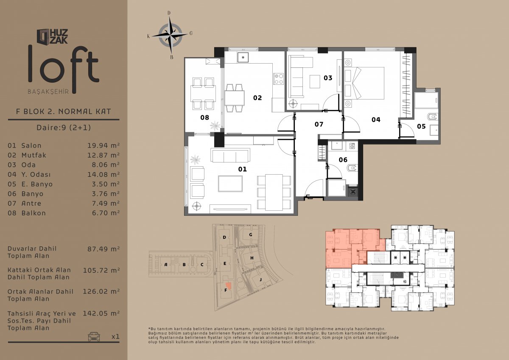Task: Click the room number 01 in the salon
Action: coord(242,169)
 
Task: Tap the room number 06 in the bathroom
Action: coord(343,160)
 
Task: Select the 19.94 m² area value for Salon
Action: coord(103,145)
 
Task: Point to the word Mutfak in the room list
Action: coord(34,155)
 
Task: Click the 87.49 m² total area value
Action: coord(103,249)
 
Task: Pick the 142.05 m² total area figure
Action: coord(101,313)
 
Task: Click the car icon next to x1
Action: coord(94,337)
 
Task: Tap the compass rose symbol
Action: coord(170,35)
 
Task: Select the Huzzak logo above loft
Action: coord(53,36)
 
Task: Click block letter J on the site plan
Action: coord(260,279)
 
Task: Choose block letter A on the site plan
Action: coord(166,265)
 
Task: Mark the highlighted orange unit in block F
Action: coord(228,286)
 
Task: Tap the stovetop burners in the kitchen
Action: coord(279,78)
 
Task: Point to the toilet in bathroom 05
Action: coord(432,117)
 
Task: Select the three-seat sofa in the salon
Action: coord(230,155)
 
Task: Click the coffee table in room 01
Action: coord(230,184)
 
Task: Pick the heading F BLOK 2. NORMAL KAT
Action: coord(63,112)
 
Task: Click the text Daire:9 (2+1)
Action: coord(64,127)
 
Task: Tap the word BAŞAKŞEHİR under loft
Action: coord(48,92)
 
